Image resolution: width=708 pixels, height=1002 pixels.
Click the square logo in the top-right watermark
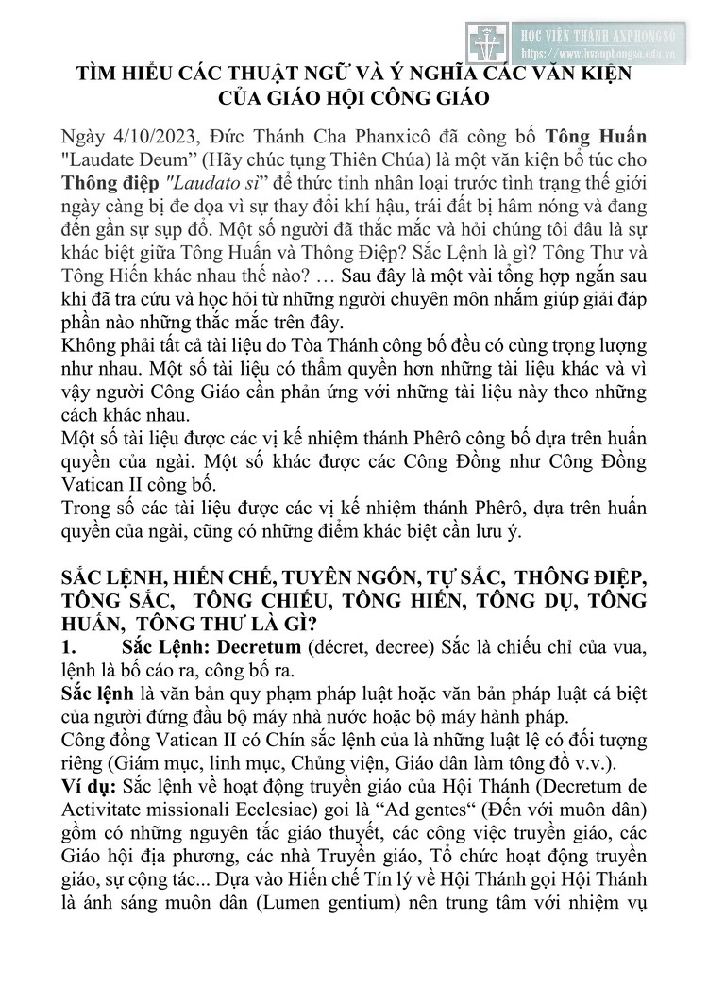(x=486, y=42)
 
